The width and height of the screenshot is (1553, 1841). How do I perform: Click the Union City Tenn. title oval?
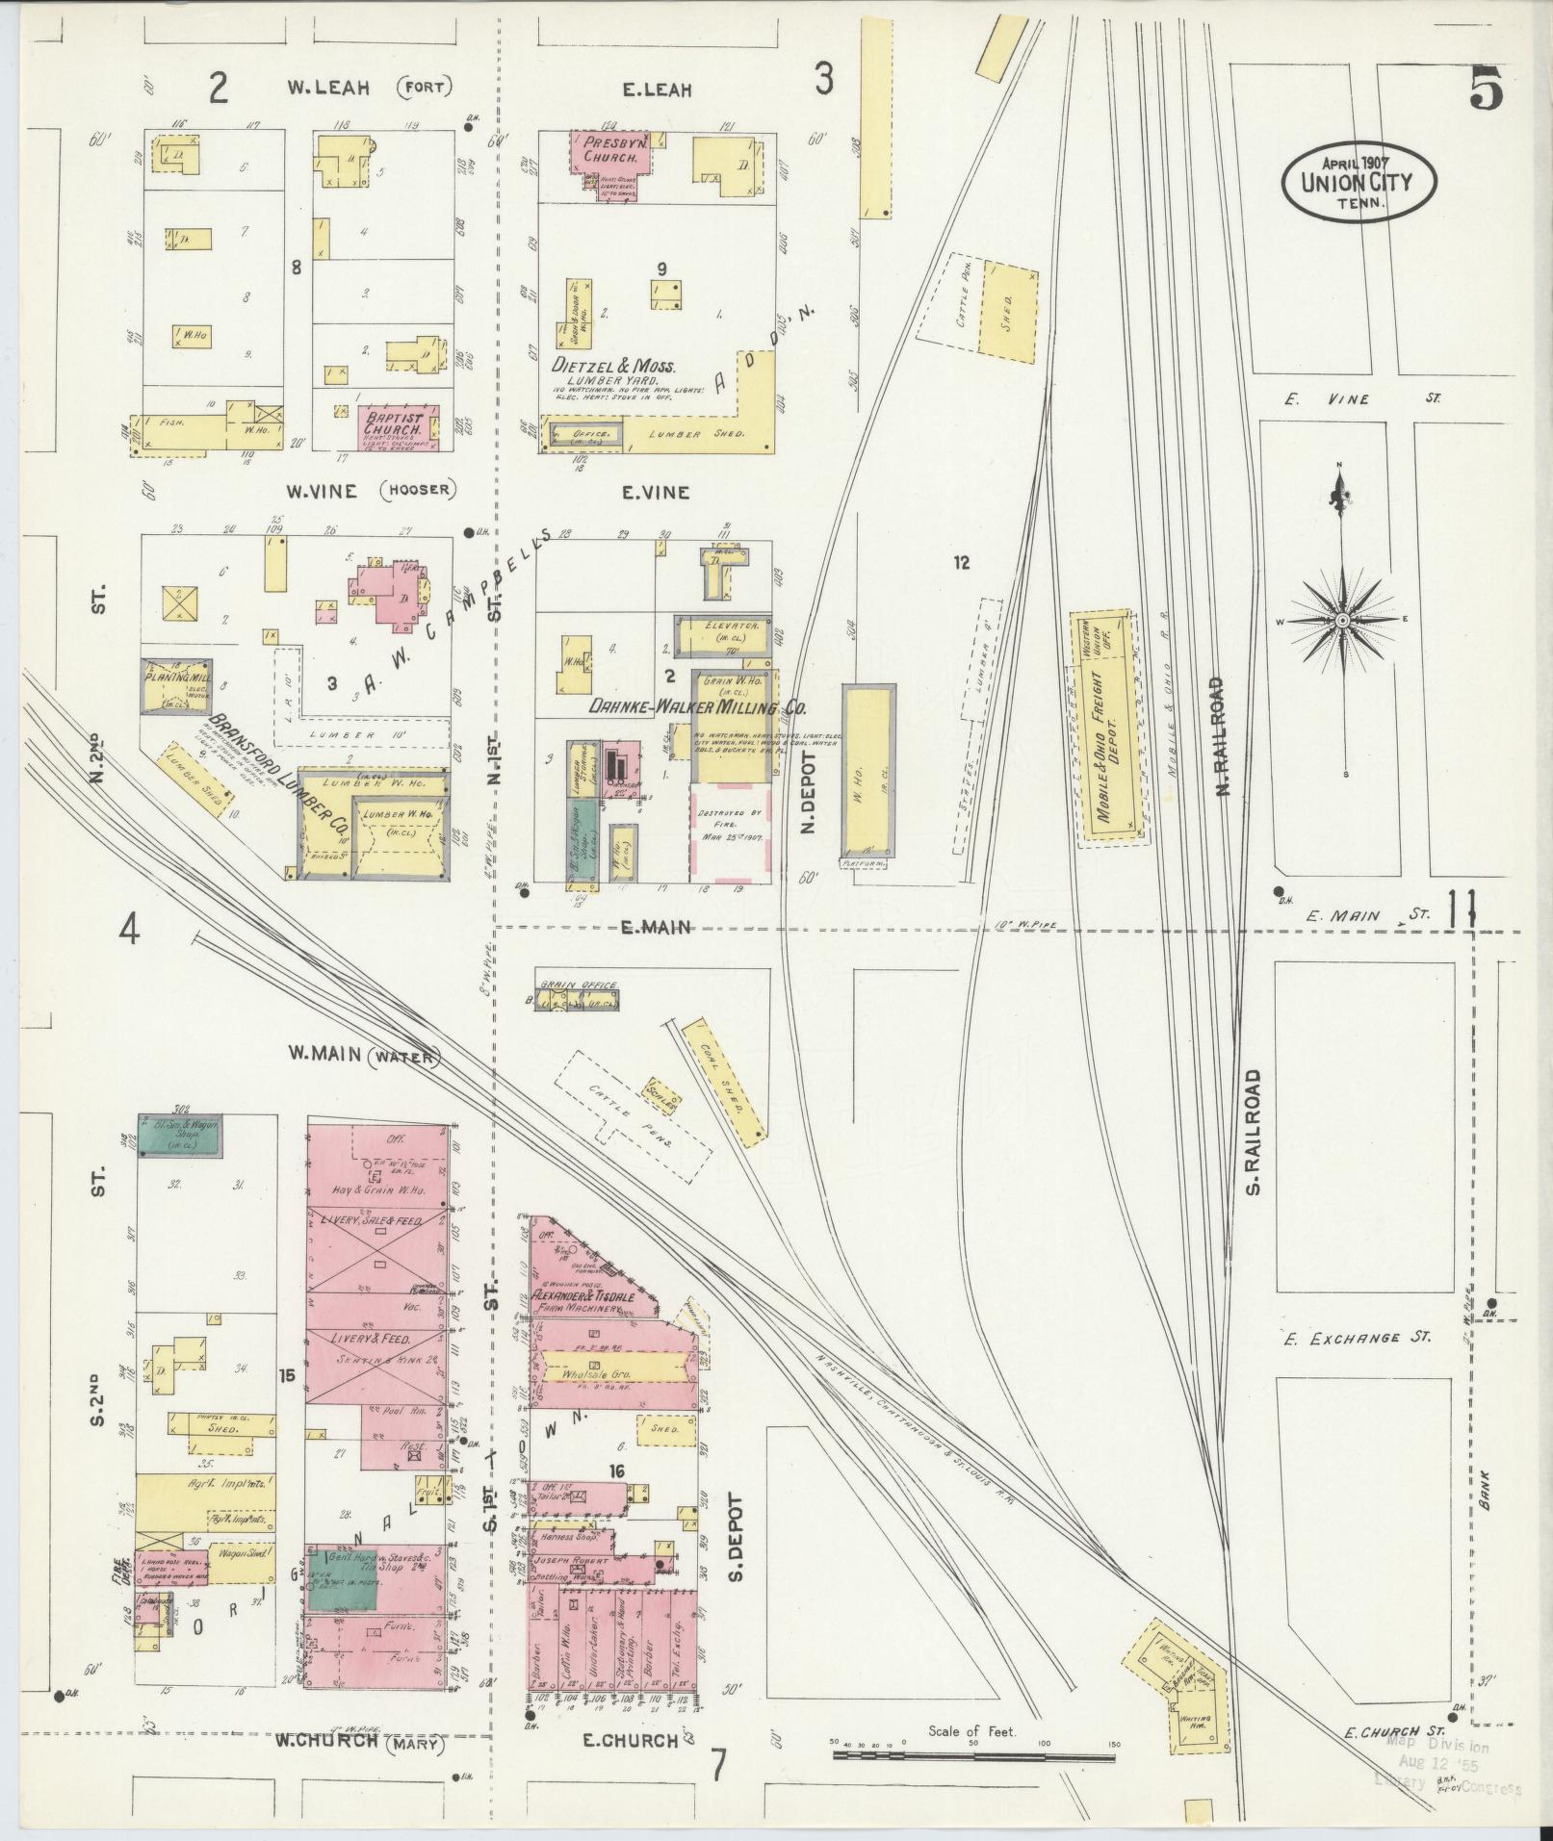pyautogui.click(x=1359, y=181)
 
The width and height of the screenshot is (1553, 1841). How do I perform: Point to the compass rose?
pyautogui.click(x=1341, y=621)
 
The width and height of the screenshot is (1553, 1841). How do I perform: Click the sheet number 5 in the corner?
pyautogui.click(x=1485, y=93)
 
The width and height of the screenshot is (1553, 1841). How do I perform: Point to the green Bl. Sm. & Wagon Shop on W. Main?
pyautogui.click(x=181, y=1137)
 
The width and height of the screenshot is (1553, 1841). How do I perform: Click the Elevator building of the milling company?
pyautogui.click(x=723, y=635)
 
